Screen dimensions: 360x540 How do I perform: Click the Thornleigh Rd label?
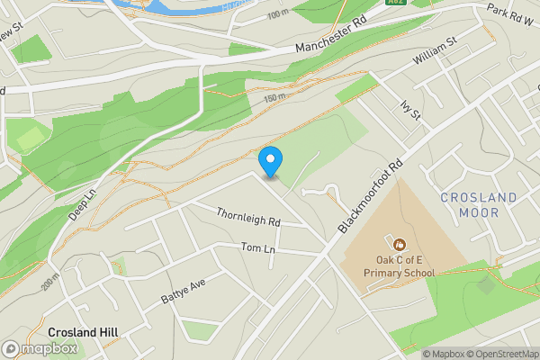coord(248,217)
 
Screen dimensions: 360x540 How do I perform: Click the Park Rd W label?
coord(509,13)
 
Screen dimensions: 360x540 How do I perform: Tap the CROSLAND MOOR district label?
coord(479,204)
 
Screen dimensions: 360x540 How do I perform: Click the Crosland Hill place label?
coord(84,332)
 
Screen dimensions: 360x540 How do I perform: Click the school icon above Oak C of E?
coord(400,244)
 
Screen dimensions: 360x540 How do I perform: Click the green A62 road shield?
coord(395,4)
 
